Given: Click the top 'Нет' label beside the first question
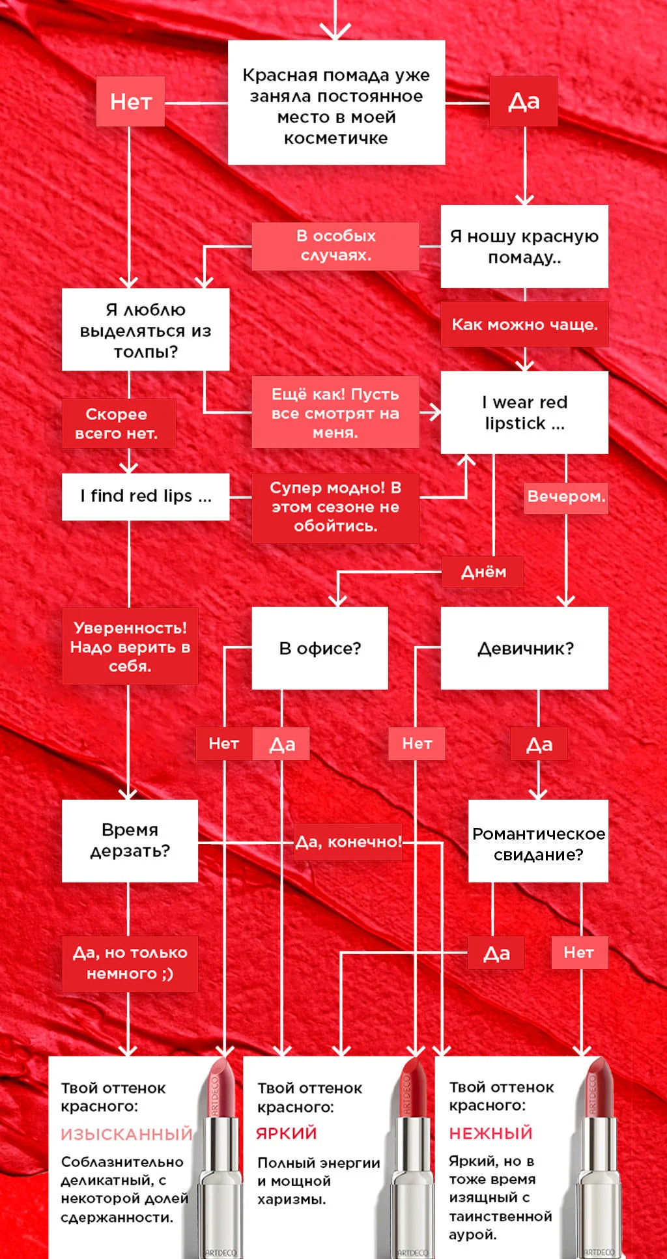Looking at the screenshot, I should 130,102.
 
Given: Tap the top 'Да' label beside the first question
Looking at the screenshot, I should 524,102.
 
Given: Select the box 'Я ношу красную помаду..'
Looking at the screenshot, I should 524,246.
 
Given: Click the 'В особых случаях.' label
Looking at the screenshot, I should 335,246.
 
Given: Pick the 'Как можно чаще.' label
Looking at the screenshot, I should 524,324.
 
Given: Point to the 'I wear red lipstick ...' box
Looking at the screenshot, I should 524,412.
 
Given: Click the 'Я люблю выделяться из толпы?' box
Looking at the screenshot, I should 145,330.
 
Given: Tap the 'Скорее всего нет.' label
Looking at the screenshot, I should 118,423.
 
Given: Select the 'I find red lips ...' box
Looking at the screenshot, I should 145,496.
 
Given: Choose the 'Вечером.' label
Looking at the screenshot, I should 565,497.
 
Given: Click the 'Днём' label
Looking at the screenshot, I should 483,572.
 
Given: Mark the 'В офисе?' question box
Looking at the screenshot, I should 320,648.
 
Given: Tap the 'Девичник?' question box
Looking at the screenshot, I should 524,648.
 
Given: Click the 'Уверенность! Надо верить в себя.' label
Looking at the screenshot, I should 130,646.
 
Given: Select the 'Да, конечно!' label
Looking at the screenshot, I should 348,842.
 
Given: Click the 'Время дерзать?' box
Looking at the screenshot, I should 130,840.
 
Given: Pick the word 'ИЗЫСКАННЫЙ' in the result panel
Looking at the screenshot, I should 126,1135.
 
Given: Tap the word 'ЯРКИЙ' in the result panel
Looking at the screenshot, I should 286,1133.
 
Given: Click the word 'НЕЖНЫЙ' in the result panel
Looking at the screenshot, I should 490,1133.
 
